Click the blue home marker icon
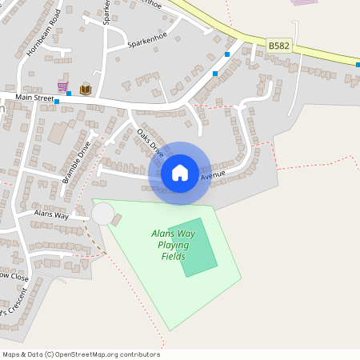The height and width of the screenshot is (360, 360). tap(180, 173)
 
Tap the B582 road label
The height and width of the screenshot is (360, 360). tap(278, 46)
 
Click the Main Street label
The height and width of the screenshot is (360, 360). tap(34, 98)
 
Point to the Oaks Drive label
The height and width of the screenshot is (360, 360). tap(150, 142)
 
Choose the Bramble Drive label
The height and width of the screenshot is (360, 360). tap(77, 162)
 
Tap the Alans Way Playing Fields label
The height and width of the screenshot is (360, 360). tap(174, 245)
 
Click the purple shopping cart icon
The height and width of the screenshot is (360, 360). tap(62, 86)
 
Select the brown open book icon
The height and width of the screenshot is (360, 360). tap(86, 88)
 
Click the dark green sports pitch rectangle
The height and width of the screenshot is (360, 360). tap(194, 248)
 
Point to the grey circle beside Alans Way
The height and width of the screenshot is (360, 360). tap(102, 214)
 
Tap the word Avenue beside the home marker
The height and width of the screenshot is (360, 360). tap(214, 175)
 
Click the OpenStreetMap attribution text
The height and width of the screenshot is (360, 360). tap(81, 354)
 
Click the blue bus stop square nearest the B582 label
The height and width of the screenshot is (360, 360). tap(227, 54)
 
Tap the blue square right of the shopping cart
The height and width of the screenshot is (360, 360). tap(69, 94)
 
